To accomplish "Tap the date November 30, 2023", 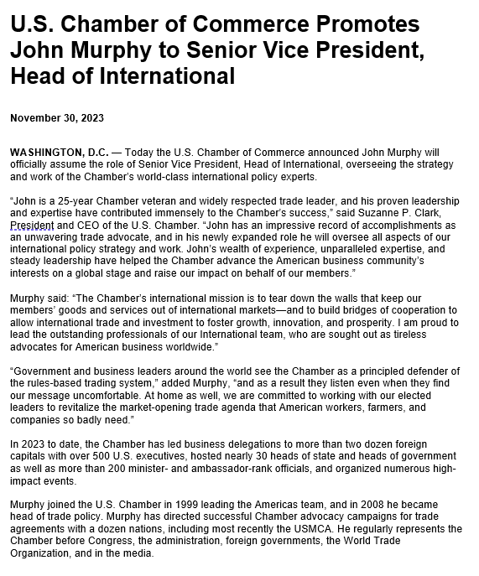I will [x=57, y=118].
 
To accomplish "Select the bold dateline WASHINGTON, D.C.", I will [x=58, y=153].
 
